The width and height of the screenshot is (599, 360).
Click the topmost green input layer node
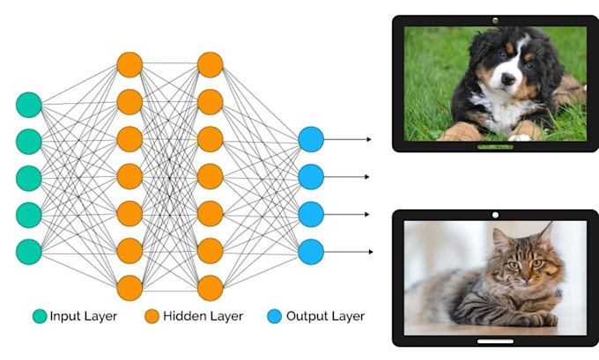(x=29, y=104)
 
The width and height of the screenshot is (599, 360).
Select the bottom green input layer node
(x=29, y=251)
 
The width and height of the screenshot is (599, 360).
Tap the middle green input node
(x=29, y=177)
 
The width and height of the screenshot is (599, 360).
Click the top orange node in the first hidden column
(x=129, y=65)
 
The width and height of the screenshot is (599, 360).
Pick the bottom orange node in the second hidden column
(x=210, y=288)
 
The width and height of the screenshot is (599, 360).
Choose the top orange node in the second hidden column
(x=210, y=65)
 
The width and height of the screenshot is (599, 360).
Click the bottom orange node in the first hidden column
(x=129, y=288)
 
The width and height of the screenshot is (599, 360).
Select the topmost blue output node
(x=311, y=139)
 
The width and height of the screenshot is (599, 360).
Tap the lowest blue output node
(x=311, y=252)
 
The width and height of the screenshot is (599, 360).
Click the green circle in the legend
(x=38, y=316)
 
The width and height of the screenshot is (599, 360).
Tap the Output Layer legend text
(x=330, y=316)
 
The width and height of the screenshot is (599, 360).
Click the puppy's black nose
(x=506, y=78)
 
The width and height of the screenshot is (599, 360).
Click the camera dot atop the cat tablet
(x=495, y=215)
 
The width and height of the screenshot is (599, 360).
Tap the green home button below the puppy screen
(x=495, y=146)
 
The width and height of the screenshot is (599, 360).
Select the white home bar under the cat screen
(x=495, y=340)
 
